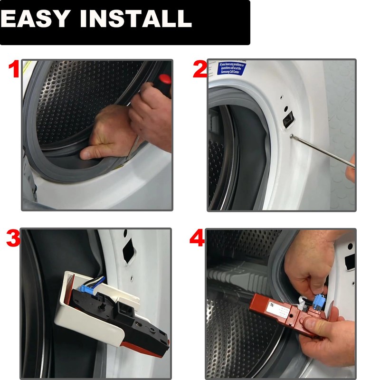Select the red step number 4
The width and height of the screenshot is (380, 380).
tap(197, 239)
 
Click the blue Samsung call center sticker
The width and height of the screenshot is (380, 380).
tap(232, 68)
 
